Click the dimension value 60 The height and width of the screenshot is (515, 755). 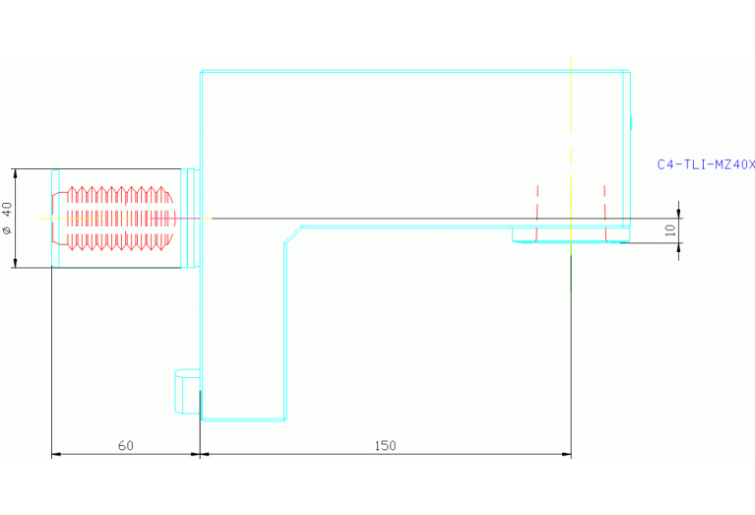point(126,445)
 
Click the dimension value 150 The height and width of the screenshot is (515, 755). point(385,445)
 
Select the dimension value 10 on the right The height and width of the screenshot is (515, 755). point(670,229)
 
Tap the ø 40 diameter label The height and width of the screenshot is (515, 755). point(7,218)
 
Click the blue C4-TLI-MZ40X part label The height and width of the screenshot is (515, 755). point(705,164)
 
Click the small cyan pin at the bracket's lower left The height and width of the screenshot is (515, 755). point(186,391)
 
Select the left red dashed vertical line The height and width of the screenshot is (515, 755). point(536,212)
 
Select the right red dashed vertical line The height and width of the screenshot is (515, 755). point(604,212)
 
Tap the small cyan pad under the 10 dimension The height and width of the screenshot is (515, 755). point(570,235)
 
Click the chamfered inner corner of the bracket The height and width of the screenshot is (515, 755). point(292,233)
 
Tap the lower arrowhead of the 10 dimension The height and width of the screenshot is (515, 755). point(679,246)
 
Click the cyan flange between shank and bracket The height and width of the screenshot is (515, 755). point(193,218)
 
